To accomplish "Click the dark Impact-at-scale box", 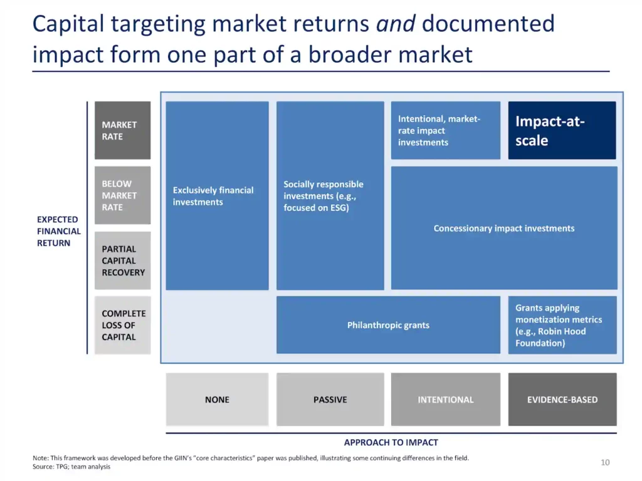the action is click(x=562, y=130).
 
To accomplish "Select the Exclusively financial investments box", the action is click(x=217, y=196).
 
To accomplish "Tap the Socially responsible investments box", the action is click(x=330, y=196).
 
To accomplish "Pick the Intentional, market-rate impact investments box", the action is click(x=446, y=130).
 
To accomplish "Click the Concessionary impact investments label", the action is click(x=504, y=228).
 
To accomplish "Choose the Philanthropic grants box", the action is click(x=388, y=325).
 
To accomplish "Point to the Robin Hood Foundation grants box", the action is click(x=562, y=325).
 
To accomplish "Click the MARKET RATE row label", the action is click(x=122, y=130).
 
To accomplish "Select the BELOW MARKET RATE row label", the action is click(x=122, y=195).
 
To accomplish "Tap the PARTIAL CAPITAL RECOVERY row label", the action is click(x=122, y=261).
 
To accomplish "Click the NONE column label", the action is click(x=217, y=399).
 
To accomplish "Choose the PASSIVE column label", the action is click(x=330, y=399).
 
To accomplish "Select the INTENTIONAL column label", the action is click(x=446, y=399).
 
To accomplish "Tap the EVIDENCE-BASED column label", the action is click(x=562, y=399).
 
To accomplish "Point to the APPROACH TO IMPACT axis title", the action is click(x=391, y=443).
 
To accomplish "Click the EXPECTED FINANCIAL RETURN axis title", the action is click(x=58, y=231).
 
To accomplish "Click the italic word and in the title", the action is click(x=396, y=24).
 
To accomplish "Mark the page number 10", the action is click(x=605, y=462).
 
